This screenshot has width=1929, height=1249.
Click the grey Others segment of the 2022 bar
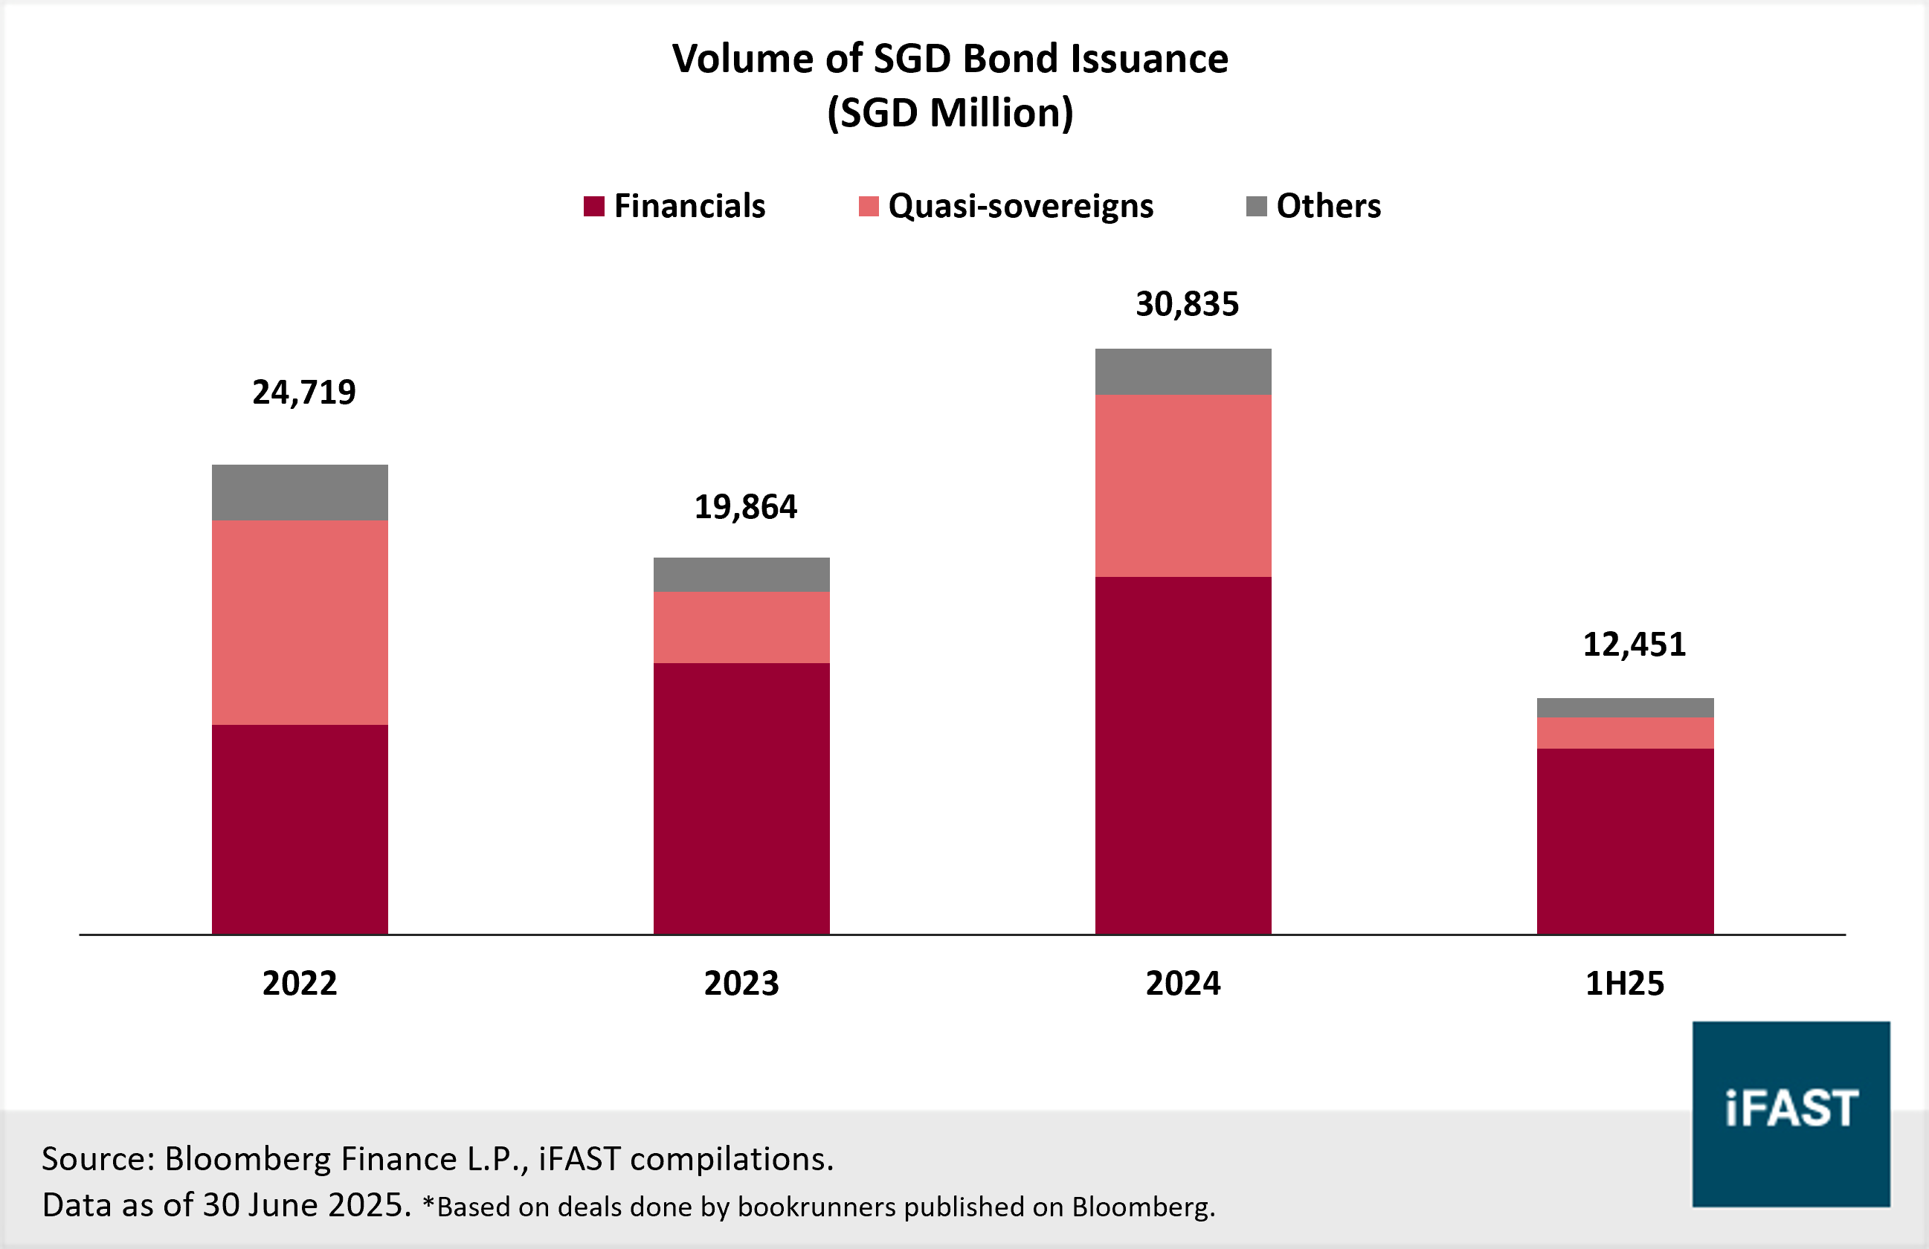tap(300, 492)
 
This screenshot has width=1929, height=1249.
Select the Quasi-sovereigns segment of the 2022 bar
tap(300, 622)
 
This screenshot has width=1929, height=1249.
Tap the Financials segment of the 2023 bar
tap(741, 798)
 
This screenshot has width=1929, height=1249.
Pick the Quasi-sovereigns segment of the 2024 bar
tap(1183, 485)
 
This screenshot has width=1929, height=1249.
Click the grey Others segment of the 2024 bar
tap(1183, 371)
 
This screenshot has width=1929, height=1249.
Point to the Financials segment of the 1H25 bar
tap(1625, 841)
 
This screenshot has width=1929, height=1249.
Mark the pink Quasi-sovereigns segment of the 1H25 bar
tap(1625, 733)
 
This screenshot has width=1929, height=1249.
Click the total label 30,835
tap(1187, 304)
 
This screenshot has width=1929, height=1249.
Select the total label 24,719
tap(304, 393)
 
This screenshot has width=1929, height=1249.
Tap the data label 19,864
tap(746, 506)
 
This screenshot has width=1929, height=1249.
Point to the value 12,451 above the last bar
tap(1634, 645)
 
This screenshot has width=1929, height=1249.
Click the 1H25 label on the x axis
tap(1624, 983)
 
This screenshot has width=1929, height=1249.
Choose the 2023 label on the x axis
tap(741, 983)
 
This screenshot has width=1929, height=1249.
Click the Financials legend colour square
tap(594, 206)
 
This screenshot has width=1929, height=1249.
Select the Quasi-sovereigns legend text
tap(1020, 206)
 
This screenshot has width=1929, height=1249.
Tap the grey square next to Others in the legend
tap(1256, 206)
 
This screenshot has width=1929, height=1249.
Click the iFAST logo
tap(1791, 1114)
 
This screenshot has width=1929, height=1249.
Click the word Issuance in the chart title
tap(1150, 58)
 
